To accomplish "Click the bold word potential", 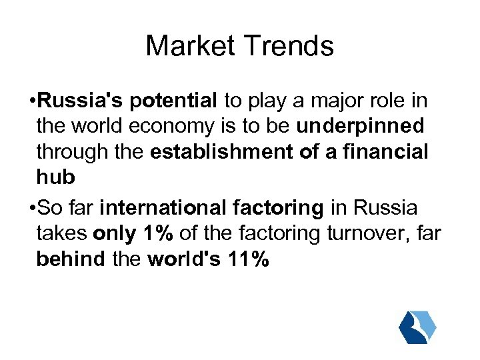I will click(174, 101).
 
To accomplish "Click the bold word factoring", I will click(277, 208).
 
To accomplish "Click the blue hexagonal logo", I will click(417, 326).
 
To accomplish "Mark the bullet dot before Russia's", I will click(33, 102).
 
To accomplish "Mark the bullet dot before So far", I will click(33, 209).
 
